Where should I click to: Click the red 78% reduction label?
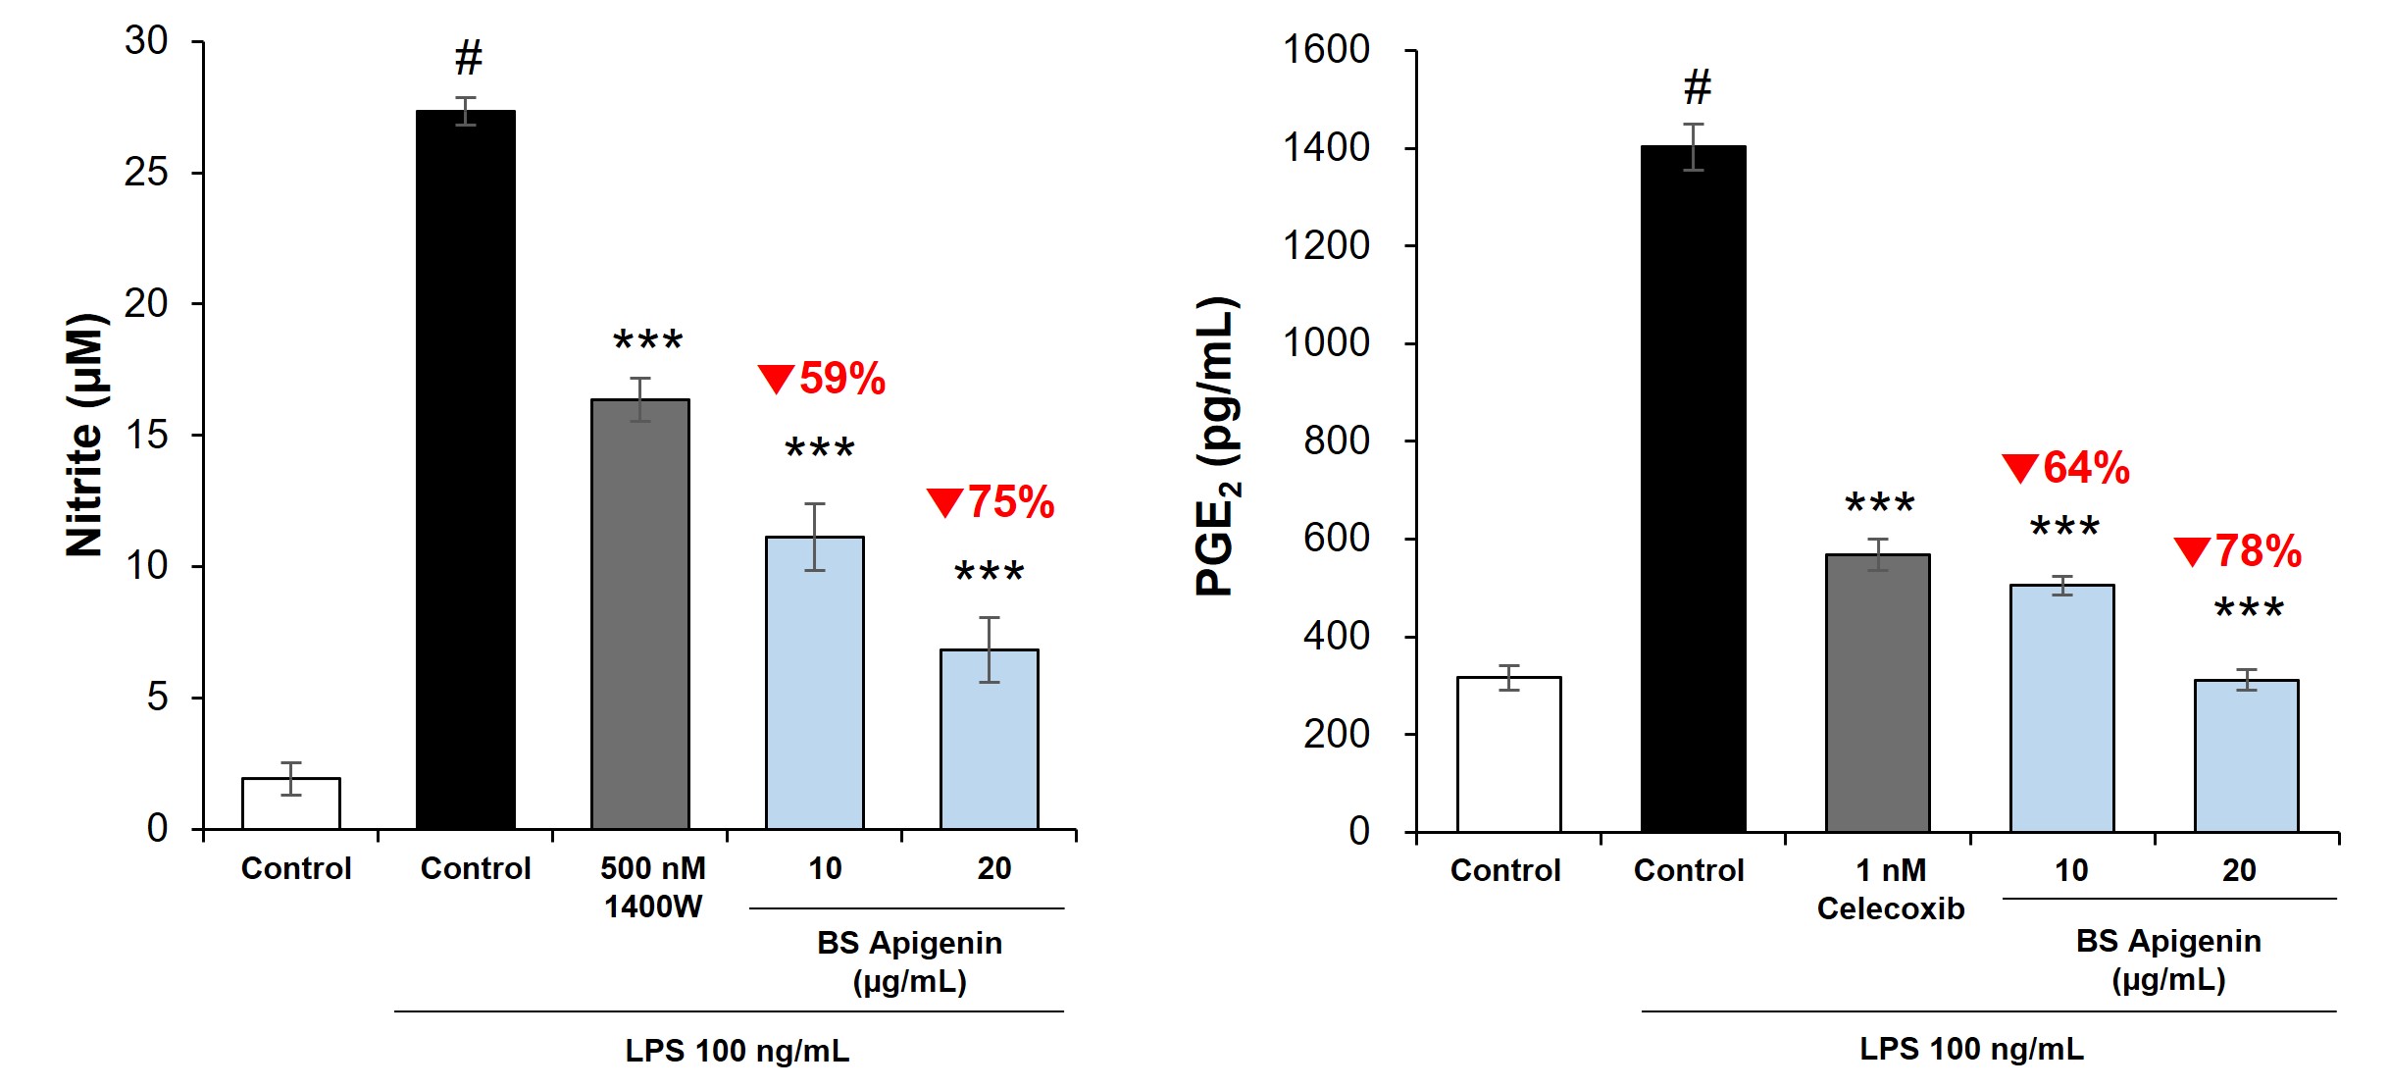(x=2239, y=551)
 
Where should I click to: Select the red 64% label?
(x=2066, y=468)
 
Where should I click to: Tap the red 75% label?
(x=991, y=502)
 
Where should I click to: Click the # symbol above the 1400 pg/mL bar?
(x=1698, y=87)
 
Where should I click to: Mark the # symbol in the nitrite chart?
(x=469, y=59)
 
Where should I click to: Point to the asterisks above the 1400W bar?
(x=648, y=341)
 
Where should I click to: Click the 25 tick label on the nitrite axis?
(x=146, y=173)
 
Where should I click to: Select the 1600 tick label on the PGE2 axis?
(x=1326, y=50)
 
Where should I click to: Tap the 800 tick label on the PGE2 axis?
(x=1336, y=441)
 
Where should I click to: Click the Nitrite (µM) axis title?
(x=85, y=436)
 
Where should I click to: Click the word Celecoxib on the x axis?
(x=1890, y=909)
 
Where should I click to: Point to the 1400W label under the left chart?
(x=653, y=907)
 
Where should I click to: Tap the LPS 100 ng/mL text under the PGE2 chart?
(x=1971, y=1049)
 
